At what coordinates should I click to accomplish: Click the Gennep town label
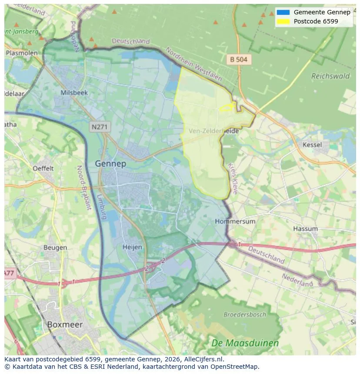[110, 164]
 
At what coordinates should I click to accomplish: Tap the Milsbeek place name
[74, 93]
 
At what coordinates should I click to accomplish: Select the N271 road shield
[100, 127]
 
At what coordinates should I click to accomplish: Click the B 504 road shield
[239, 60]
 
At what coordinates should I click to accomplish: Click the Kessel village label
[312, 145]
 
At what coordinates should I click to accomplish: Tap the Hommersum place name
[235, 221]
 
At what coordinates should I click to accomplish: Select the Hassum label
[305, 228]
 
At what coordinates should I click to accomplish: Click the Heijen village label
[133, 247]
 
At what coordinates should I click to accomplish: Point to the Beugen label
[55, 248]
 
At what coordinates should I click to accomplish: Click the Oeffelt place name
[43, 168]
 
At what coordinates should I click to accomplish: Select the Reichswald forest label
[330, 76]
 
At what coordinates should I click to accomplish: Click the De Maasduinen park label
[245, 343]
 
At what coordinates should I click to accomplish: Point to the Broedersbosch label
[245, 314]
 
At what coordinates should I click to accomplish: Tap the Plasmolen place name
[21, 53]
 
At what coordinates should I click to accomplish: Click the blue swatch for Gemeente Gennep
[283, 12]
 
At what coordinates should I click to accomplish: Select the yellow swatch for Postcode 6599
[283, 21]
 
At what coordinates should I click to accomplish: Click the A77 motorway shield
[9, 273]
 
